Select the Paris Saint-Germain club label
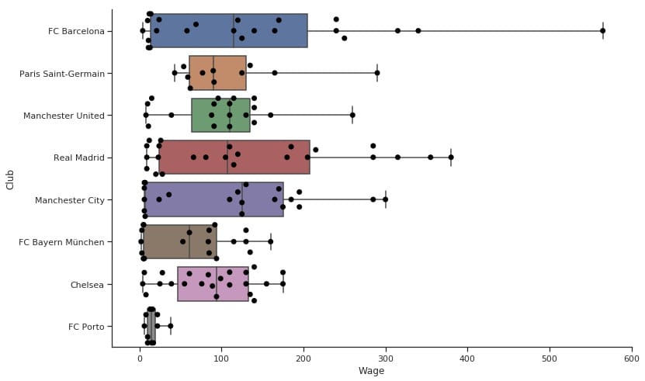61,74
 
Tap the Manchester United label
64,116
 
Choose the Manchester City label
69,200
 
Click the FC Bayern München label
61,242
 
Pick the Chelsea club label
87,285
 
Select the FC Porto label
85,327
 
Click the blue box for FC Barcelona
229,31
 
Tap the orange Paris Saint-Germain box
217,73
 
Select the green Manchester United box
220,116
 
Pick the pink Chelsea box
213,285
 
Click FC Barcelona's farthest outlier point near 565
603,31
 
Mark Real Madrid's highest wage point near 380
451,158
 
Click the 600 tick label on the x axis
632,358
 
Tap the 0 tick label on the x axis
140,358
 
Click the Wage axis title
371,372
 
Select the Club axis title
10,179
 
